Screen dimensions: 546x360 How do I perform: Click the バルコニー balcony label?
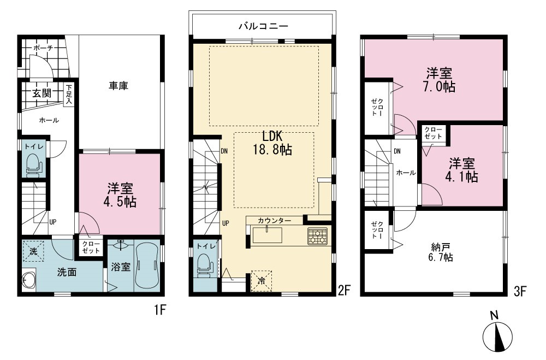click(x=263, y=26)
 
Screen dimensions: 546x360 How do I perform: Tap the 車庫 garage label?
click(x=118, y=86)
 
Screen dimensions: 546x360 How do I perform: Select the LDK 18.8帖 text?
click(x=272, y=143)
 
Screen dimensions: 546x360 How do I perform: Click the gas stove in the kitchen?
click(x=317, y=236)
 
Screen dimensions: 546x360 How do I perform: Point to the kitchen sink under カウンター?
click(x=267, y=234)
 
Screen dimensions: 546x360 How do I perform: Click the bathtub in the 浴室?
click(x=146, y=265)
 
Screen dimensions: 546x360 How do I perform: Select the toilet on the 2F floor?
click(x=205, y=265)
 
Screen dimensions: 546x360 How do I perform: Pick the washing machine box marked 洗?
click(x=33, y=251)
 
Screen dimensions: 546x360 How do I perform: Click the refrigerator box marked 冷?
click(x=261, y=281)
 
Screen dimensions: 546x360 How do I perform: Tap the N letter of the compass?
click(x=494, y=315)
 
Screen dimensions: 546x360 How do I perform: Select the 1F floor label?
click(x=160, y=309)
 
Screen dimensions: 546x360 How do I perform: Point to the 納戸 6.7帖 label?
click(x=442, y=253)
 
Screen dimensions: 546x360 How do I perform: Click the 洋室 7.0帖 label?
click(x=439, y=80)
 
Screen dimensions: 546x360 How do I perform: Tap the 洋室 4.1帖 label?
click(x=461, y=170)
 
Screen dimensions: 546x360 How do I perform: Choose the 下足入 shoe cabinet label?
click(x=69, y=93)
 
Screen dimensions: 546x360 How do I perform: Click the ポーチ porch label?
click(x=43, y=48)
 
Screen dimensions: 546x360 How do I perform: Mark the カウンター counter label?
click(x=275, y=221)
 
